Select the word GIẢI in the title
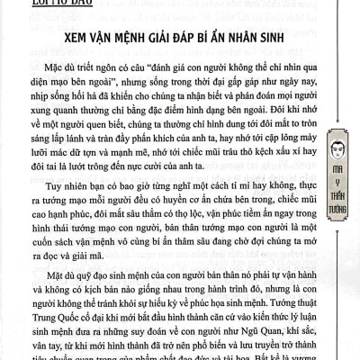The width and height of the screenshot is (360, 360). click(x=176, y=42)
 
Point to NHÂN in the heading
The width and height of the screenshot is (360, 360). click(x=260, y=42)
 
